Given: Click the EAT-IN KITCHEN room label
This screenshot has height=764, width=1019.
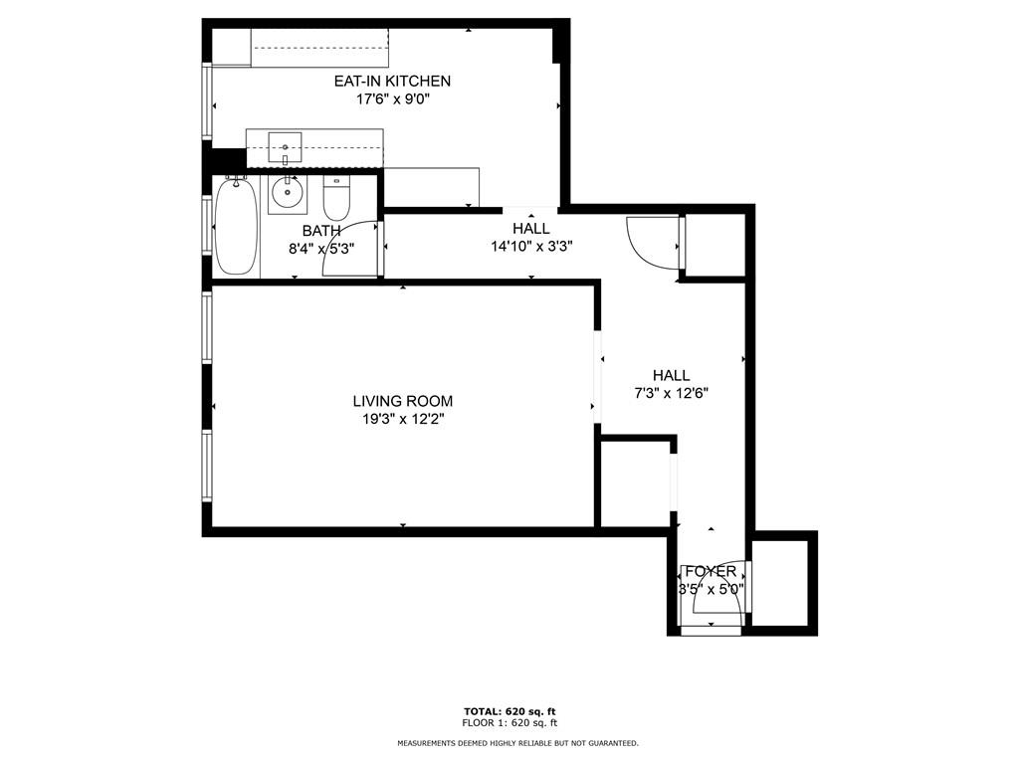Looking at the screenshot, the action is click(392, 82).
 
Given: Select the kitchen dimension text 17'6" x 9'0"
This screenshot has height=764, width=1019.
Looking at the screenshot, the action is click(392, 99).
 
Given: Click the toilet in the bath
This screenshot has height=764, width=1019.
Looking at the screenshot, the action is click(336, 198).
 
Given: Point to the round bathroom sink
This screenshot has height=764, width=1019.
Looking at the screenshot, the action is click(288, 192).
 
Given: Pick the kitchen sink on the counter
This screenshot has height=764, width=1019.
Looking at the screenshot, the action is click(285, 147).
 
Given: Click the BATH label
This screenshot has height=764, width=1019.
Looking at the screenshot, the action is click(321, 231).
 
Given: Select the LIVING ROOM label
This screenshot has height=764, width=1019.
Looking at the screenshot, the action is click(403, 402).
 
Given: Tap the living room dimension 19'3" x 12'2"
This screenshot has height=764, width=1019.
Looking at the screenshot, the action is click(403, 419).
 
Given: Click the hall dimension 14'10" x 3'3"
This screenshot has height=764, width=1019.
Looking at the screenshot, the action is click(531, 247).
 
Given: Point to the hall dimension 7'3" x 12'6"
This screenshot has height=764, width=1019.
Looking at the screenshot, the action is click(672, 393).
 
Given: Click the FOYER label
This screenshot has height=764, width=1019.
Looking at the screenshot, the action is click(711, 572).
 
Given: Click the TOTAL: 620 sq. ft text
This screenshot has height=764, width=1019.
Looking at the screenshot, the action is click(509, 711).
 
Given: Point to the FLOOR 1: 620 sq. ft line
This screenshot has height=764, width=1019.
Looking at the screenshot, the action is click(509, 722).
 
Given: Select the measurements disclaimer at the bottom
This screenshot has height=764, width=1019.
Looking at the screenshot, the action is click(517, 742).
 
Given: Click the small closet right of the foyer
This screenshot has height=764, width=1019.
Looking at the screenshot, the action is click(780, 583).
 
